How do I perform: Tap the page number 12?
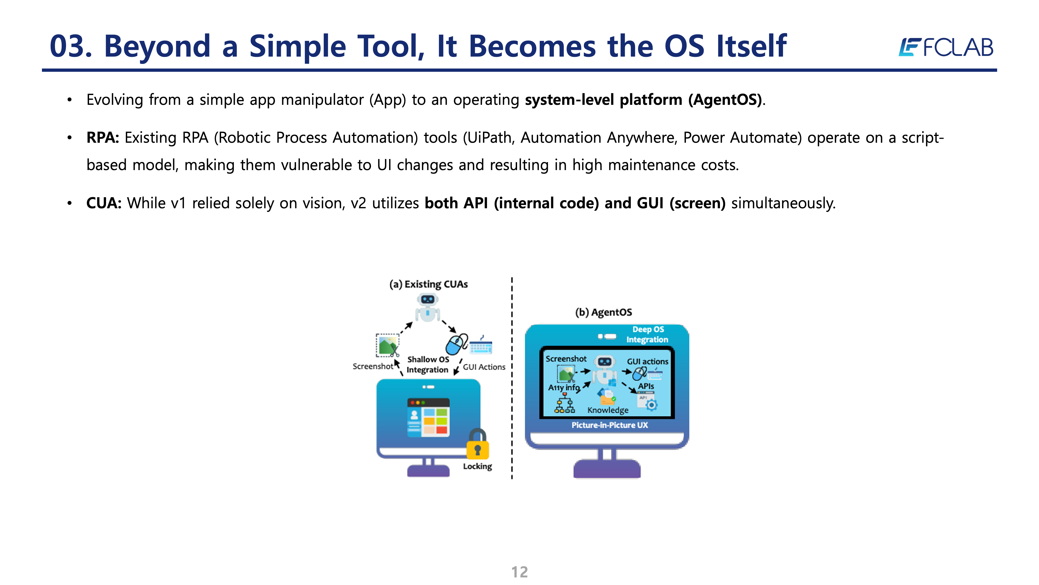pyautogui.click(x=519, y=572)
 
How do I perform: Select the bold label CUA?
pyautogui.click(x=104, y=203)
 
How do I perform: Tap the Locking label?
pyautogui.click(x=478, y=466)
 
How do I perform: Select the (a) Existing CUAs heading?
pyautogui.click(x=428, y=284)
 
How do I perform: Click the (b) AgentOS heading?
pyautogui.click(x=603, y=312)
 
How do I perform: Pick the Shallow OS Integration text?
pyautogui.click(x=428, y=365)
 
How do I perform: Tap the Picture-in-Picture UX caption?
pyautogui.click(x=609, y=425)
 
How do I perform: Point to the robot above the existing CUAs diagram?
pyautogui.click(x=428, y=308)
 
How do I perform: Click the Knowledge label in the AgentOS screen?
pyautogui.click(x=608, y=410)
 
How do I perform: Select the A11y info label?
pyautogui.click(x=564, y=388)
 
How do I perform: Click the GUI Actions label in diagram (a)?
pyautogui.click(x=484, y=367)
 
